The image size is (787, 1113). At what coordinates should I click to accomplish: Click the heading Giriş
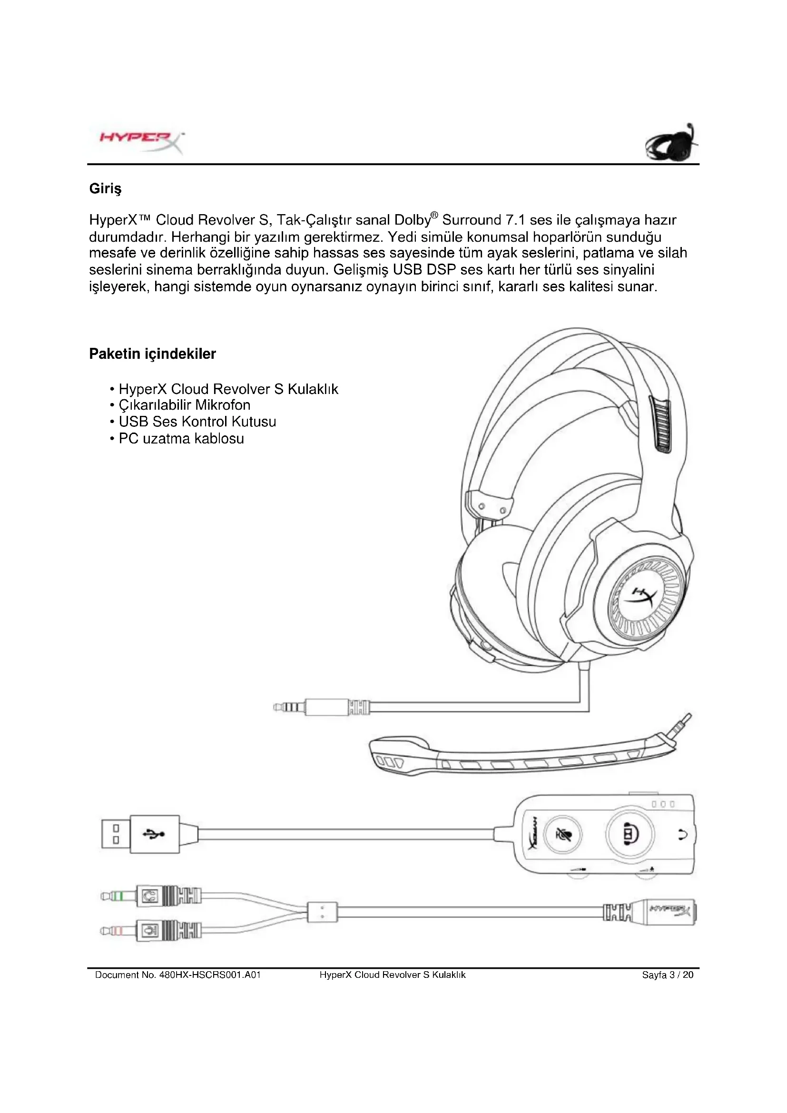[105, 188]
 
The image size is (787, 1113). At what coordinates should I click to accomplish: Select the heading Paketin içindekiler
[152, 354]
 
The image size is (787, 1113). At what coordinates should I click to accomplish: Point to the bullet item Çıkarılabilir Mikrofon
[184, 405]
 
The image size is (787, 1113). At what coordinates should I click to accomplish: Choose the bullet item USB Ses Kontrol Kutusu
[197, 422]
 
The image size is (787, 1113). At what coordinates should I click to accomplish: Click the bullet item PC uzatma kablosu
[181, 439]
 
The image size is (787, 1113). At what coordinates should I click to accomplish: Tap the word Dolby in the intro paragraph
[413, 221]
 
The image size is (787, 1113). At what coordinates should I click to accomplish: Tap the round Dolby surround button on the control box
[629, 834]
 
